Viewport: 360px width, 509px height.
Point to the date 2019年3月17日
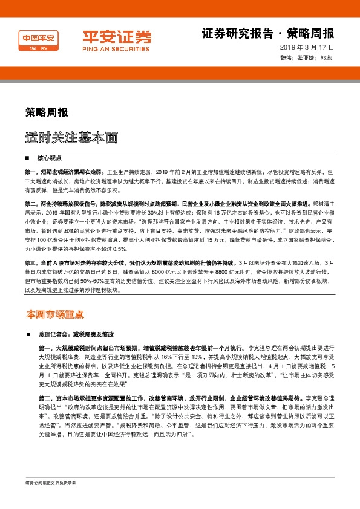tap(307, 47)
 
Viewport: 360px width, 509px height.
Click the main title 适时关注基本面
tap(71, 138)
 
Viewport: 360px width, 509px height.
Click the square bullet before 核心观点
tap(29, 157)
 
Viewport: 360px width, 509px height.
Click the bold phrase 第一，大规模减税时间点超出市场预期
tap(115, 349)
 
